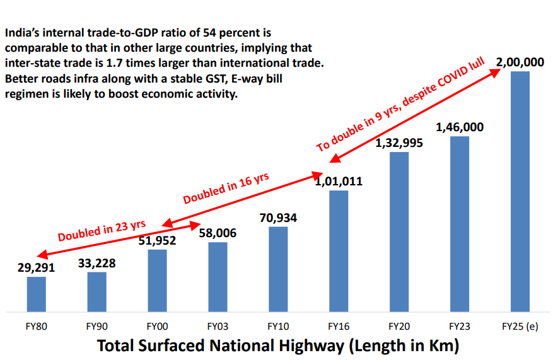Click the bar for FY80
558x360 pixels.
coord(37,294)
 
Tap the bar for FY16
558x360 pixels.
coord(339,251)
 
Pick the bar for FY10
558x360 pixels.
coord(278,269)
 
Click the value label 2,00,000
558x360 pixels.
coord(520,62)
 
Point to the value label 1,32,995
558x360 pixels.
coord(399,142)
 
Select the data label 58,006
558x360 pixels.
coord(218,233)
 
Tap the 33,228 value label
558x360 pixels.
coord(96,263)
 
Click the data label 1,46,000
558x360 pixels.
coord(460,127)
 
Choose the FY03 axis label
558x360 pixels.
coord(218,327)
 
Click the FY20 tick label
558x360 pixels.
coord(399,327)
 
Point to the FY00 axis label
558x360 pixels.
coord(157,327)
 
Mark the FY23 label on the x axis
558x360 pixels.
coord(460,327)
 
